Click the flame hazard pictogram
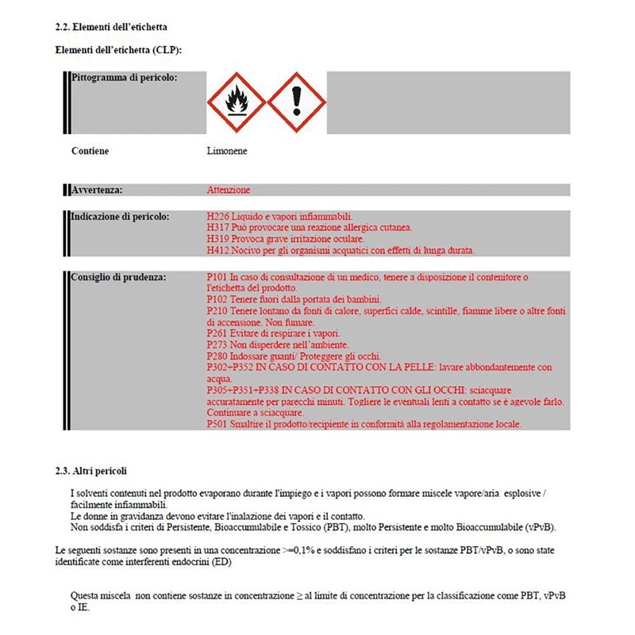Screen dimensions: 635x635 tap(236, 103)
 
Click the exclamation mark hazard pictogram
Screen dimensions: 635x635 tap(297, 103)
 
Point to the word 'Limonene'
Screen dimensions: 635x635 tap(225, 151)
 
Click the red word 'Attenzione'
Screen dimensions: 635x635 tap(229, 190)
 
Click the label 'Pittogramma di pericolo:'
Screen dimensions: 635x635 tap(124, 77)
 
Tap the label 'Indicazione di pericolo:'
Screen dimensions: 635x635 tap(119, 216)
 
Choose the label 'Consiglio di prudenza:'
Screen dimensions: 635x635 tap(118, 277)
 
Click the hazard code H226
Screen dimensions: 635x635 tap(217, 216)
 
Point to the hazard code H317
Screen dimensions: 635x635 tap(217, 228)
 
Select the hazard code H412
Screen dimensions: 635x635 tap(217, 251)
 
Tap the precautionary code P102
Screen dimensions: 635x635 tap(217, 299)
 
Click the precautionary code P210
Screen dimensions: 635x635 tap(217, 311)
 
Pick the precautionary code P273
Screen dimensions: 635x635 tap(217, 345)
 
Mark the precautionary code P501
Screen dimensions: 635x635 tap(217, 425)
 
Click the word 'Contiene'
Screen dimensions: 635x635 tap(90, 151)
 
